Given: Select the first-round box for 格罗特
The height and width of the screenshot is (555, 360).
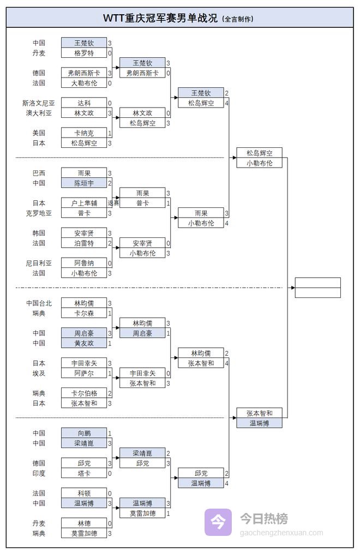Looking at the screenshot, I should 83,53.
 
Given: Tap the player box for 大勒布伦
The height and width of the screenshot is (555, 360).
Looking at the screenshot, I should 83,83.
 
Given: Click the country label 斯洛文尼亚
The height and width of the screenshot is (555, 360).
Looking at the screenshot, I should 37,103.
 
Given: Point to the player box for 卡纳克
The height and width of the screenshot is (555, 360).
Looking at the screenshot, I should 83,133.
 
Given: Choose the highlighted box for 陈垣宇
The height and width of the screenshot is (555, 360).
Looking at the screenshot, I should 83,183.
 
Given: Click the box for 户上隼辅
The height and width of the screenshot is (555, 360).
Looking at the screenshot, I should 83,203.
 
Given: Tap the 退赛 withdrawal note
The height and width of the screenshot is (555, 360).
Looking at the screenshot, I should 113,203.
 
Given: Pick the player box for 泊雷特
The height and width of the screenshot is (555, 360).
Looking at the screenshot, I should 83,243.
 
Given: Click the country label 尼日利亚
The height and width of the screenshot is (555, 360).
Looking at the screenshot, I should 39,263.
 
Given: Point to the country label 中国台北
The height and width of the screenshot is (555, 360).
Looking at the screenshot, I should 39,303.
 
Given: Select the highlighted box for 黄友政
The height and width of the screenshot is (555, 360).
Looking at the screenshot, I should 83,343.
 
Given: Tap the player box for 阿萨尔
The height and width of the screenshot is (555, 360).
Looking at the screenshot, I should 83,373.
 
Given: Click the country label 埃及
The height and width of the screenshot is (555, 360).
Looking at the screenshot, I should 39,373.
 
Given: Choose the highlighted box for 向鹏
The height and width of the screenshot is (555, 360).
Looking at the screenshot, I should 83,433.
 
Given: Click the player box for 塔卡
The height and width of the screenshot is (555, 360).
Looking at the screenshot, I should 83,473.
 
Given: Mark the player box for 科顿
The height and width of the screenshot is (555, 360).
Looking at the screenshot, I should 83,493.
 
